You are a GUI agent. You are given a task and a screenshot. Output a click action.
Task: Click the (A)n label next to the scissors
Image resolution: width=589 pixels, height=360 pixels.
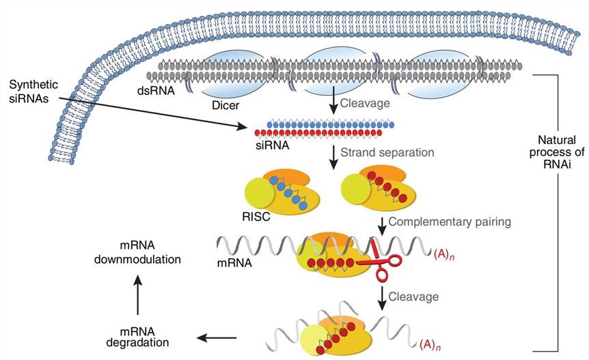443,253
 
